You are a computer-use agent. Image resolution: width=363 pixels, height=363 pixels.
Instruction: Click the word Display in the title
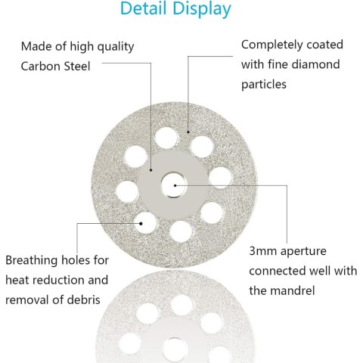pyautogui.click(x=202, y=10)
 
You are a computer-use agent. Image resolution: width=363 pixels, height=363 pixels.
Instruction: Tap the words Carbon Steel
pyautogui.click(x=55, y=67)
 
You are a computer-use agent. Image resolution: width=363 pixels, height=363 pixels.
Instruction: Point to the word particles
pyautogui.click(x=264, y=85)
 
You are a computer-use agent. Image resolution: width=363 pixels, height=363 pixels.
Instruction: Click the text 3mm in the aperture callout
pyautogui.click(x=262, y=251)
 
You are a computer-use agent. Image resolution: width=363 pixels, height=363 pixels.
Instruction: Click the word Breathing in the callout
pyautogui.click(x=32, y=261)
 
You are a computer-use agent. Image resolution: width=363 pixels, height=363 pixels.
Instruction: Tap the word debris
pyautogui.click(x=83, y=299)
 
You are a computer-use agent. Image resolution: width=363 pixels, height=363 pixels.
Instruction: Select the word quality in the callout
pyautogui.click(x=116, y=47)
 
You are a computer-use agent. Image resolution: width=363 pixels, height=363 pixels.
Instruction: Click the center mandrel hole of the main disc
pyautogui.click(x=174, y=185)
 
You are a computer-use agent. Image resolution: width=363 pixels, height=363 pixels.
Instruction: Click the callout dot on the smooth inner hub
pyautogui.click(x=150, y=170)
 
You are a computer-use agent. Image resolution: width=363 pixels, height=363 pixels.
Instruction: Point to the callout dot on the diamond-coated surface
pyautogui.click(x=188, y=132)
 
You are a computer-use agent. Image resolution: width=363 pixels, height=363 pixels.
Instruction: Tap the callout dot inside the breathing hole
pyautogui.click(x=141, y=223)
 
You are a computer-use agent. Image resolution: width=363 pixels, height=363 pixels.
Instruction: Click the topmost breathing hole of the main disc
pyautogui.click(x=166, y=138)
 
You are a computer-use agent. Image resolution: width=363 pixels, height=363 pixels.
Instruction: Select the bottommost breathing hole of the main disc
pyautogui.click(x=181, y=231)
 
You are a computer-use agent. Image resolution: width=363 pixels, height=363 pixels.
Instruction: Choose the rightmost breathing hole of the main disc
pyautogui.click(x=220, y=178)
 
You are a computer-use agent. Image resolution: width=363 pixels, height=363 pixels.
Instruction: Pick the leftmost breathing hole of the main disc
pyautogui.click(x=128, y=191)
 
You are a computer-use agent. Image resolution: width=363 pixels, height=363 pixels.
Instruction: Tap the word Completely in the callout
pyautogui.click(x=268, y=45)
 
